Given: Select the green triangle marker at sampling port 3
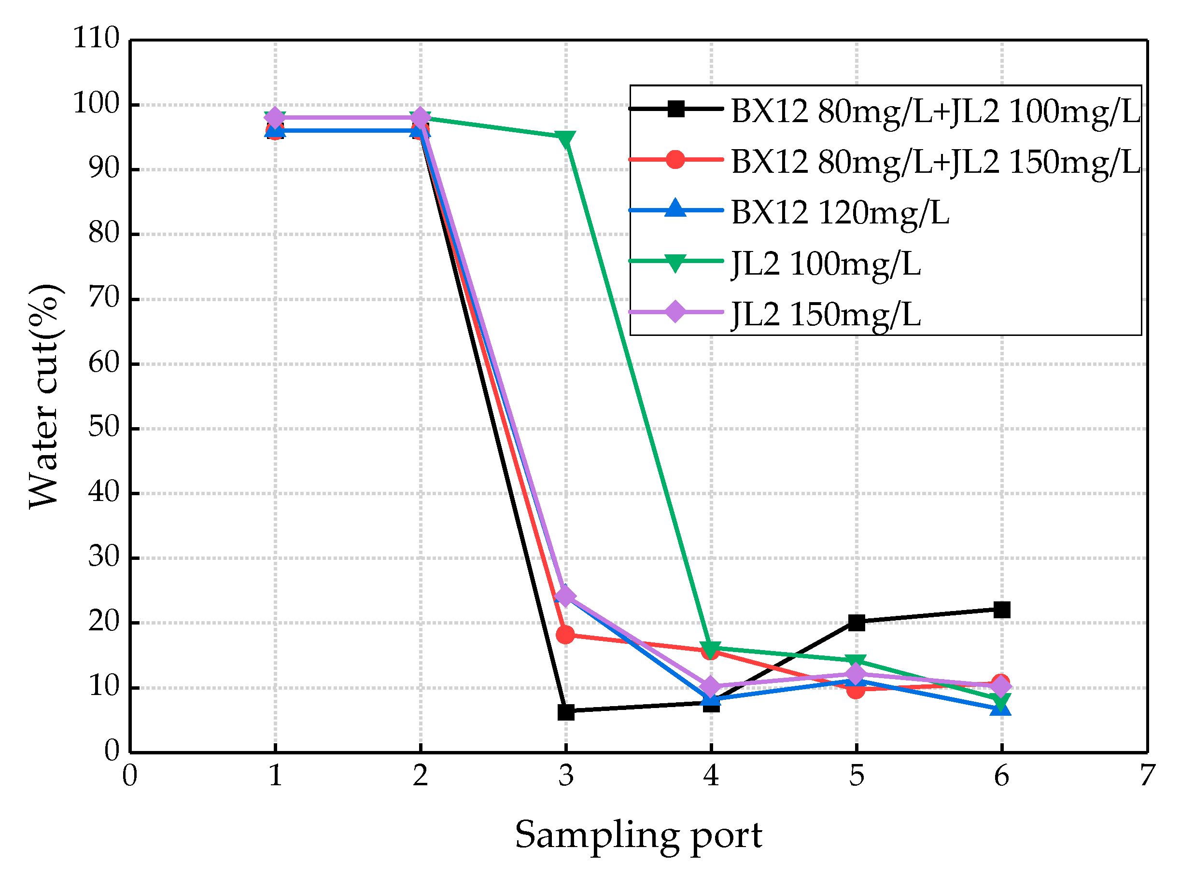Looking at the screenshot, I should [566, 139].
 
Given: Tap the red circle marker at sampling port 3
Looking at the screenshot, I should [566, 634].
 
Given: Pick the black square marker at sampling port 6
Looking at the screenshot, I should [1002, 610].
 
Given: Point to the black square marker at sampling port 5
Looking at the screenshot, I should [857, 623].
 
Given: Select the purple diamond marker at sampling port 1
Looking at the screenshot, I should [275, 117].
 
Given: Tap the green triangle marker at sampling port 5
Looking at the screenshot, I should [857, 662].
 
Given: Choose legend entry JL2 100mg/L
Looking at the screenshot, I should [825, 264].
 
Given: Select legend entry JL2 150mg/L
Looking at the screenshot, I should [825, 315].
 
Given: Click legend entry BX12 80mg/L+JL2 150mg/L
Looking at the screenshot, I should [936, 162].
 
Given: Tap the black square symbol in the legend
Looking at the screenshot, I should [675, 109].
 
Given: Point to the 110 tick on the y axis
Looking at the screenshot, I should [97, 39].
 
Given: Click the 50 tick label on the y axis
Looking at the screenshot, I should [104, 428].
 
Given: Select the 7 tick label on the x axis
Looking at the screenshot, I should [1147, 776].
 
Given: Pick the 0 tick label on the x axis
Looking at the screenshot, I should [130, 776].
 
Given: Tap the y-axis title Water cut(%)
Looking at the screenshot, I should [44, 396].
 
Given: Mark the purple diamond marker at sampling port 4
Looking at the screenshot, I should [711, 687].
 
